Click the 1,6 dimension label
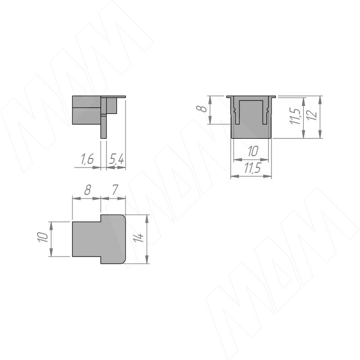87,159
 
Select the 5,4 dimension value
116,159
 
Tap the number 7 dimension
115,190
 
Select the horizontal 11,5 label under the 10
252,169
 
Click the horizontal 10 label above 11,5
253,151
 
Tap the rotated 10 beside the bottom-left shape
42,237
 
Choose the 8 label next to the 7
87,190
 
